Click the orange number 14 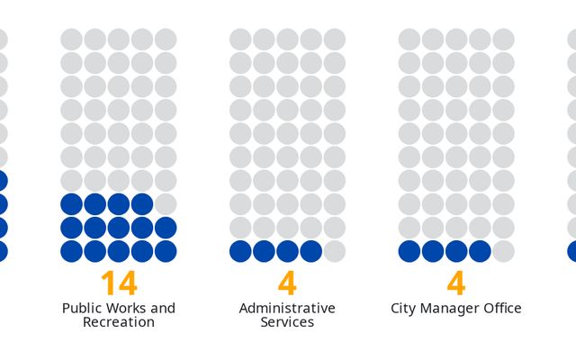[119, 283]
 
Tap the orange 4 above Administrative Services [287, 283]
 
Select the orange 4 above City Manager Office [456, 283]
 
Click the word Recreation [119, 322]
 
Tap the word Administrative [287, 308]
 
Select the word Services [287, 322]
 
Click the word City [403, 309]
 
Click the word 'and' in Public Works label [163, 308]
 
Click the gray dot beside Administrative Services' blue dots [335, 251]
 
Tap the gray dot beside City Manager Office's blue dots [504, 251]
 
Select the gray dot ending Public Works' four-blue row [166, 204]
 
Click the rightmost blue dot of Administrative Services [311, 251]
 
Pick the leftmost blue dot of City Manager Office [409, 251]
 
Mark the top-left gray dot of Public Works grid [72, 40]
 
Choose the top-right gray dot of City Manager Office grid [504, 40]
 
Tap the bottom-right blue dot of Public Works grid [166, 251]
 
